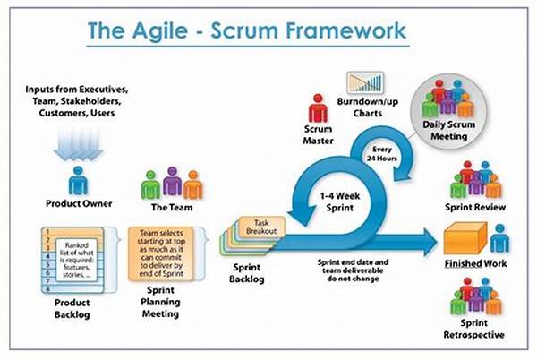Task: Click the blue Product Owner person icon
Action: [x=78, y=181]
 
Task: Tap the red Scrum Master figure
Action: [x=318, y=108]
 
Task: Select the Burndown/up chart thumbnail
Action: [x=365, y=82]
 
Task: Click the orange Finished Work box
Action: [x=465, y=238]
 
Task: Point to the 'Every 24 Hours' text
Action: [x=382, y=154]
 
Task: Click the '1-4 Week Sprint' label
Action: [x=340, y=201]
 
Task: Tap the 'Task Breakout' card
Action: [x=261, y=227]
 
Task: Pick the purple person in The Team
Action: [x=172, y=181]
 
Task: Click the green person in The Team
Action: [x=150, y=185]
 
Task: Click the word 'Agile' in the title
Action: [x=160, y=31]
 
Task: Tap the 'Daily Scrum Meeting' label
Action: [x=448, y=130]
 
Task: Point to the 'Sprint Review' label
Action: [x=475, y=207]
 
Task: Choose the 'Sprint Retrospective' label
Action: [x=474, y=329]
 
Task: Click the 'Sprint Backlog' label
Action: [x=247, y=273]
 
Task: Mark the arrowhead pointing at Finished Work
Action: [x=430, y=242]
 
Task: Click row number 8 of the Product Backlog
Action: [x=48, y=289]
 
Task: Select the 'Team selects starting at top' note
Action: [x=161, y=253]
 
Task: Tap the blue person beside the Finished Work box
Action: [x=499, y=238]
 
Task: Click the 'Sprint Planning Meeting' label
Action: [x=160, y=302]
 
